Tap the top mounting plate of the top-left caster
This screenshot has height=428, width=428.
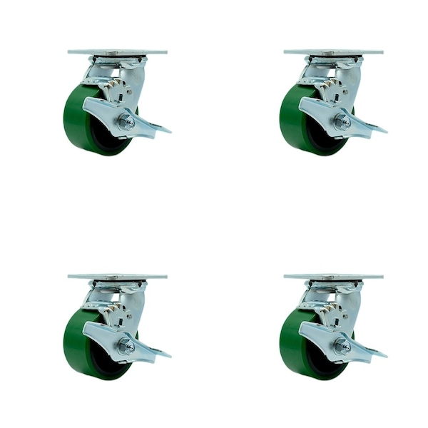(x=118, y=52)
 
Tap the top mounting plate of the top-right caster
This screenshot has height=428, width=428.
(x=333, y=52)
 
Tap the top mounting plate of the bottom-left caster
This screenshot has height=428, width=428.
(x=118, y=276)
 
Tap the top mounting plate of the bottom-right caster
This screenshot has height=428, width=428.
(x=333, y=276)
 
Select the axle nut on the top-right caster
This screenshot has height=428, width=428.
(x=342, y=121)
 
